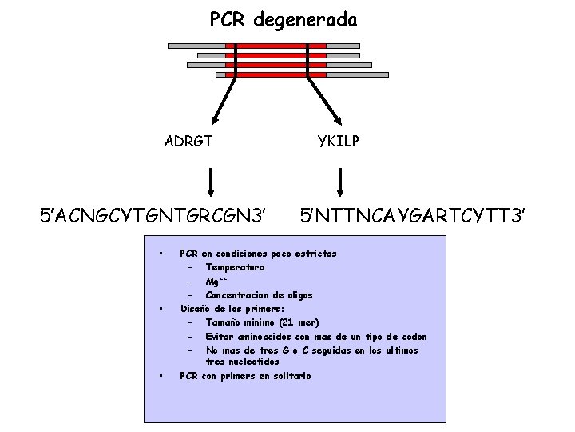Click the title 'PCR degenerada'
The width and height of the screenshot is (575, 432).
tap(284, 19)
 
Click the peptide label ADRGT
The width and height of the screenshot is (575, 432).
tap(188, 142)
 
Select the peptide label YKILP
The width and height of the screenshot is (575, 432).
tap(339, 142)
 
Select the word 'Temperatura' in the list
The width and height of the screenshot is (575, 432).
tap(235, 267)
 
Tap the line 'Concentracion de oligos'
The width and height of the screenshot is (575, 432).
tap(259, 295)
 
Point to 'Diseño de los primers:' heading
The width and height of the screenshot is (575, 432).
tap(233, 309)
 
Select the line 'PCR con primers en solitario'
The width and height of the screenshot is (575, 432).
tap(245, 376)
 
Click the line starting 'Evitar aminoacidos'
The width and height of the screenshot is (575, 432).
tap(315, 337)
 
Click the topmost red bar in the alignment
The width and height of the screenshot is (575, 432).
tap(276, 46)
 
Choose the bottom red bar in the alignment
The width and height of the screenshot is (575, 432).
tap(276, 74)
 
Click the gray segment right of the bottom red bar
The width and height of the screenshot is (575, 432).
tap(358, 74)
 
